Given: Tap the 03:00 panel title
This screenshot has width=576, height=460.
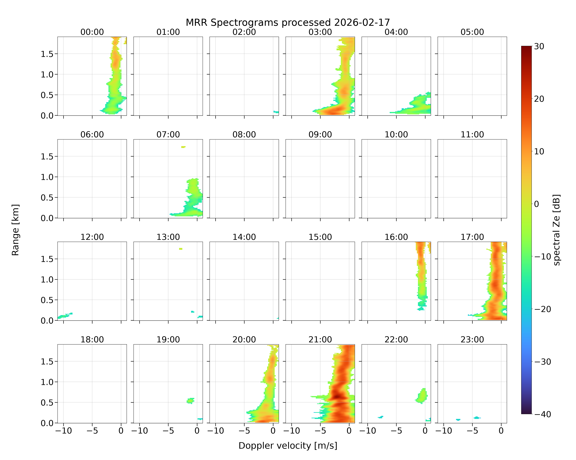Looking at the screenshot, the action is point(320,32).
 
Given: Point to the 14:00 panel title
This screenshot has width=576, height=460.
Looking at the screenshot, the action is point(244,237).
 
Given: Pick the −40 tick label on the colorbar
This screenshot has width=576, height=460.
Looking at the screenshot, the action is point(542,414).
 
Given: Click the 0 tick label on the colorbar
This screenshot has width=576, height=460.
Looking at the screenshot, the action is point(537,204).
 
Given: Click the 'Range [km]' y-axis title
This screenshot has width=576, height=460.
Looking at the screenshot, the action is point(16,230).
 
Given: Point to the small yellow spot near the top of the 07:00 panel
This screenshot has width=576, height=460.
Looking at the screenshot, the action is point(183,147).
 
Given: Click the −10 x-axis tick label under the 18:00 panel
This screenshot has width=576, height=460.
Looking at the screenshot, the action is point(64,431).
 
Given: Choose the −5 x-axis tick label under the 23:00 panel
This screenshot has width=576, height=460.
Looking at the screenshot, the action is point(472,431).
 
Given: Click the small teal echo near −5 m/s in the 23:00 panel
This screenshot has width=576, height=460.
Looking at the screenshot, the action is point(477,418).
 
